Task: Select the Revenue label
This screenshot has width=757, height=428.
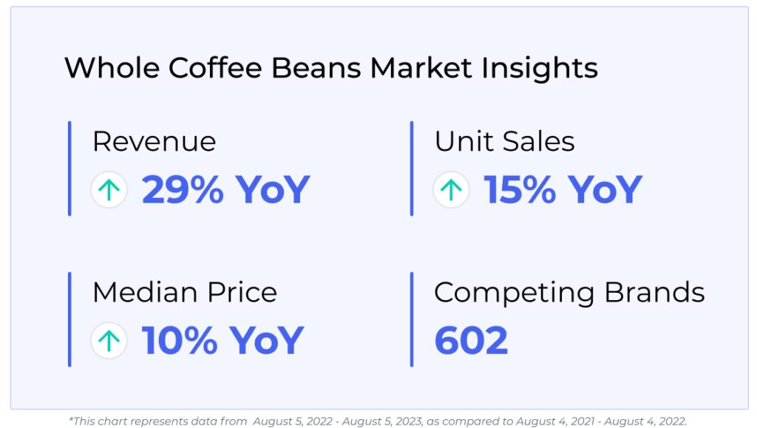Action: (x=154, y=141)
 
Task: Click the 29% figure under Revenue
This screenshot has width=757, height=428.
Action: (x=183, y=190)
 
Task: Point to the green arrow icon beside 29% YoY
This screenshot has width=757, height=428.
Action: (x=109, y=190)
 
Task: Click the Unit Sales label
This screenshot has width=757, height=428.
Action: (x=504, y=141)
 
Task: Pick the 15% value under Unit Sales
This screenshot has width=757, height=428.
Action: (x=520, y=190)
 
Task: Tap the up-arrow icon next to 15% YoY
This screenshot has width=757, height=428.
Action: (x=451, y=190)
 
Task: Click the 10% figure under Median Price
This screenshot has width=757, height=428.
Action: (x=179, y=341)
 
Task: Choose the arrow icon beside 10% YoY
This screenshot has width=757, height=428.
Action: (x=109, y=341)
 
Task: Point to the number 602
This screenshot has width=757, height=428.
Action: (x=471, y=341)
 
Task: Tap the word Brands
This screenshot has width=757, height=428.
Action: (x=655, y=293)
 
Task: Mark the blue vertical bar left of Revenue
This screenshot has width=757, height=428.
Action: (x=69, y=169)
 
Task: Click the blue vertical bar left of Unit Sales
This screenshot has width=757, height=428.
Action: (x=411, y=169)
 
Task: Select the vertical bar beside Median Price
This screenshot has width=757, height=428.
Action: (x=69, y=319)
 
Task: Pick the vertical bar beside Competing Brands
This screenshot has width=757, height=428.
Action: (x=411, y=319)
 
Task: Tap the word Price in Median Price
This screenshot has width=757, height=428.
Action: (x=242, y=293)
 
